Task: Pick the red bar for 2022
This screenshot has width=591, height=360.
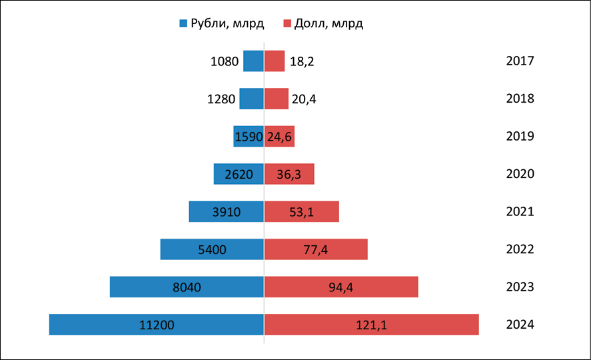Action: (340, 249)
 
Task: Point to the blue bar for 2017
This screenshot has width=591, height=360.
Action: (253, 61)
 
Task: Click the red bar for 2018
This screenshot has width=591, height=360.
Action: (277, 99)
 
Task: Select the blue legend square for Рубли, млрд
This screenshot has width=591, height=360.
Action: (183, 24)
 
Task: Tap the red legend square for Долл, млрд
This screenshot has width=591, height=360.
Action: (288, 24)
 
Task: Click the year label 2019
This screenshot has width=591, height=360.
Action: (520, 136)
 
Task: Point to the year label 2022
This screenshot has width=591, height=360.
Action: (520, 249)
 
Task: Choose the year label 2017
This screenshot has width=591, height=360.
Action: (520, 61)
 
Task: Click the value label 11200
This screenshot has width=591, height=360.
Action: (157, 325)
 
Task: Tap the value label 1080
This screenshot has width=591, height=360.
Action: (224, 61)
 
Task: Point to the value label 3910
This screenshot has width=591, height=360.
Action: (227, 212)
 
